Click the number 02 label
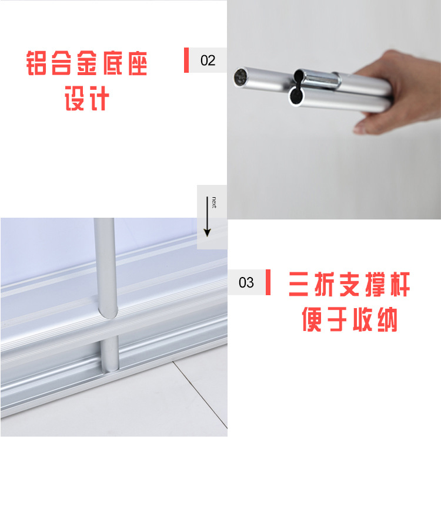(208, 60)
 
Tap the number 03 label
(246, 283)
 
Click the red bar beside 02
(186, 60)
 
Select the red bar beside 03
(268, 283)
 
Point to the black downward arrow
(207, 217)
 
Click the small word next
(215, 202)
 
